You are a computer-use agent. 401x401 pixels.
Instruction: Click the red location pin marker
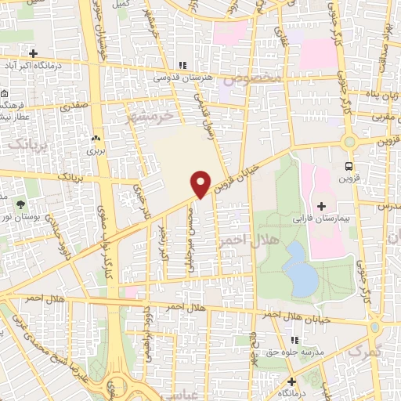point(201,183)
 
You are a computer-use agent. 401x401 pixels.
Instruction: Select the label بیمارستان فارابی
point(322,216)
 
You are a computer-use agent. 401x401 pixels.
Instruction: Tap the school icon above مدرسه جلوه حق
point(295,340)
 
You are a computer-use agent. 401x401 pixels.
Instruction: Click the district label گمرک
point(361,352)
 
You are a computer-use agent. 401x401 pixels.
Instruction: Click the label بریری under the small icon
point(95,149)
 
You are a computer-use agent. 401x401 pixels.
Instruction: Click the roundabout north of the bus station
point(350,142)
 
